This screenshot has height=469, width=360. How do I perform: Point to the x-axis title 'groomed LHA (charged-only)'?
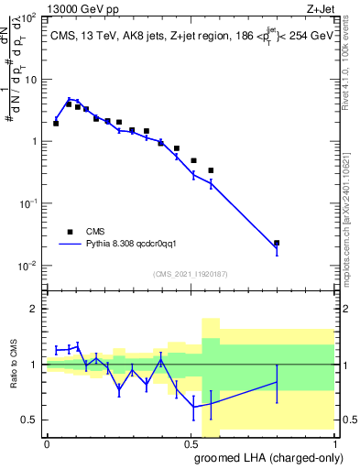266,457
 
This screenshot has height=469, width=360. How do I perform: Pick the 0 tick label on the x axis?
47,443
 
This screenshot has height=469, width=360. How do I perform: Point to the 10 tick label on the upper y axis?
30,79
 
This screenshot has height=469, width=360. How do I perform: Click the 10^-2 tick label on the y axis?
27,266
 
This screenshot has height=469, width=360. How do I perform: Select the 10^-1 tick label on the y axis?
27,203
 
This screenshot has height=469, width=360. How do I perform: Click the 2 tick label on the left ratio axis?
35,309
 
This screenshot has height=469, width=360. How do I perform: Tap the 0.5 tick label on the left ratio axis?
31,420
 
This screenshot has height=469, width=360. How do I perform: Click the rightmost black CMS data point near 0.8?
277,243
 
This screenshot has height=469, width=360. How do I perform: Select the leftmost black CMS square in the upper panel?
57,123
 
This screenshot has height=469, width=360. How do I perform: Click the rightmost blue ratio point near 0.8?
277,382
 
